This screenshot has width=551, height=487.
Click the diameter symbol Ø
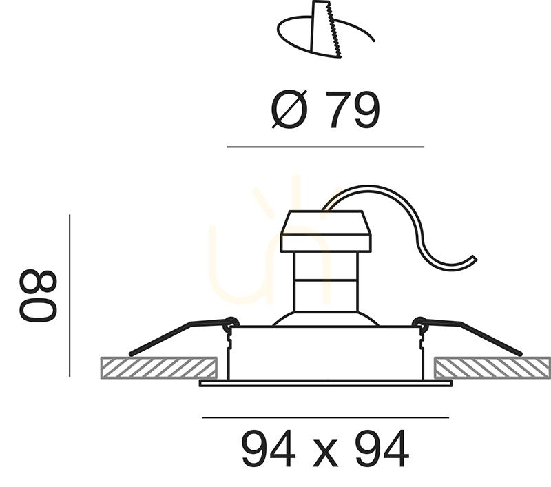pos(289,110)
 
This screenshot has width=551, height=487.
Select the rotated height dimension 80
pos(38,296)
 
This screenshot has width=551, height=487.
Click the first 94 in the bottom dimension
pos(269,449)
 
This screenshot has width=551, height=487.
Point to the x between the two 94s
pos(325,454)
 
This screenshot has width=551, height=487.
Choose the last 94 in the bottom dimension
pos(382,449)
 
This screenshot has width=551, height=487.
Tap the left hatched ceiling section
pos(159,368)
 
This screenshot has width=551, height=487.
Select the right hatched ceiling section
pos(492,368)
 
